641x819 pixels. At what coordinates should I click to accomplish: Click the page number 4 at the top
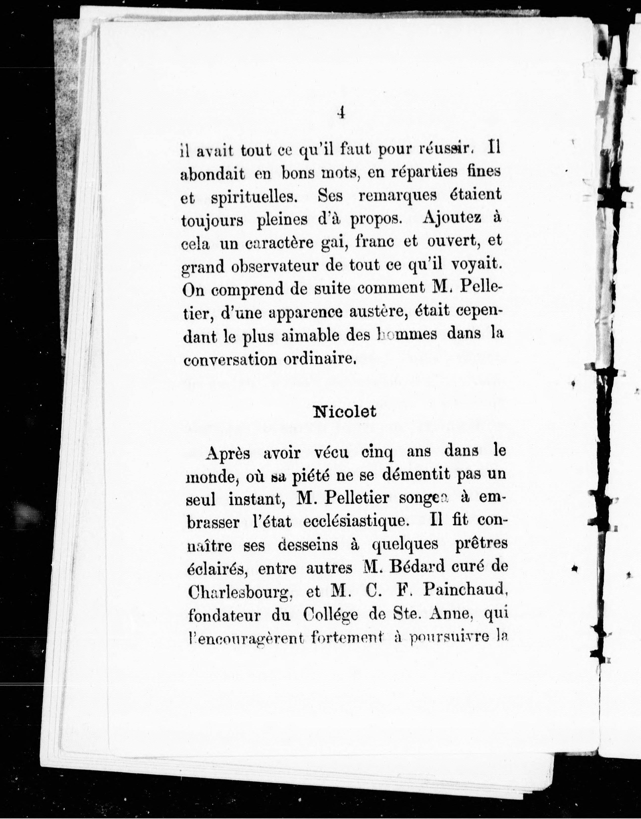pos(341,112)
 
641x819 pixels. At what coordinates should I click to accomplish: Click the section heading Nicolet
pos(344,412)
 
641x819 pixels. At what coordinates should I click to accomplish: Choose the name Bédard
pos(412,568)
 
